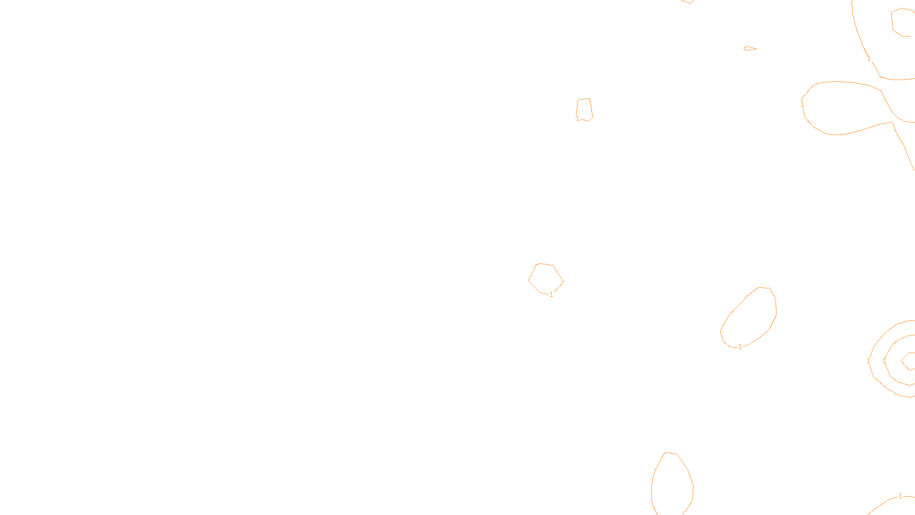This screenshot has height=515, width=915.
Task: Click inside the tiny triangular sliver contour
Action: coord(749,49)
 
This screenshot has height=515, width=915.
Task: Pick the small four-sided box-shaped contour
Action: coord(584,109)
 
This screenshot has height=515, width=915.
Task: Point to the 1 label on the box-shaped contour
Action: coord(578,118)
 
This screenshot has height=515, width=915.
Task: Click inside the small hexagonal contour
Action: coord(546,279)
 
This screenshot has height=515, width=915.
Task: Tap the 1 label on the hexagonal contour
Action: coord(551,295)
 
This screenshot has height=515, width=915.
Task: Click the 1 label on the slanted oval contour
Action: coord(740,347)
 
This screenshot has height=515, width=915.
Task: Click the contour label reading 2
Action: coord(884,361)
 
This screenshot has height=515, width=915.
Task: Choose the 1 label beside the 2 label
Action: coord(868,361)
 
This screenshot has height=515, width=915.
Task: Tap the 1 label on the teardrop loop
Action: coord(802,105)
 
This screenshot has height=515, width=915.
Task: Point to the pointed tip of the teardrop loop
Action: coord(892,122)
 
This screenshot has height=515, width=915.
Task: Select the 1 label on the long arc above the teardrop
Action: coord(869,58)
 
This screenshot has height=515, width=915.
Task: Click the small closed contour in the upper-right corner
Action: coord(904,22)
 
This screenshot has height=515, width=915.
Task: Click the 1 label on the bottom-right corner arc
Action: coord(900,496)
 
